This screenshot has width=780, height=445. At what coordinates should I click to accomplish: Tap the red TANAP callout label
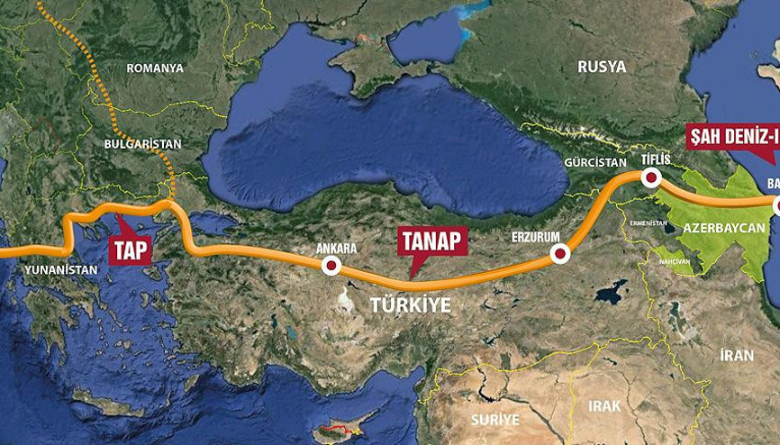pos(431,240)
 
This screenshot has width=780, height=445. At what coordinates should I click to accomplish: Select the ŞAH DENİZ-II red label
pos(731,138)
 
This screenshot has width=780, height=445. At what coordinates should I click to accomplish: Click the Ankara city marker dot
pos(331,265)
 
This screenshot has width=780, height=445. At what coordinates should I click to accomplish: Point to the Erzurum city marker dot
pos(560,256)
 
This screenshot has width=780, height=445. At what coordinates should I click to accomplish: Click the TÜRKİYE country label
pos(410,305)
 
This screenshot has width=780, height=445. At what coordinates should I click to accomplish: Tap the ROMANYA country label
pos(154,68)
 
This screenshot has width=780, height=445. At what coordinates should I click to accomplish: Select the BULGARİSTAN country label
pos(143,143)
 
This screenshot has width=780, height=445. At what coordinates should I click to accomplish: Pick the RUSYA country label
pos(601,65)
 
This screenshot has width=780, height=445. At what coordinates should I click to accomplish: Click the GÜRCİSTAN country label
pos(594,163)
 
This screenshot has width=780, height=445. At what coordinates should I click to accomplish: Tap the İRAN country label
pos(737,355)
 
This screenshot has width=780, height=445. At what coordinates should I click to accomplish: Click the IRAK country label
pos(604,406)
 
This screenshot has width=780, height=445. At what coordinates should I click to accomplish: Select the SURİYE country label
pos(494,419)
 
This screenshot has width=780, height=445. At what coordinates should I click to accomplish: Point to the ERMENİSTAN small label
pos(648,222)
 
